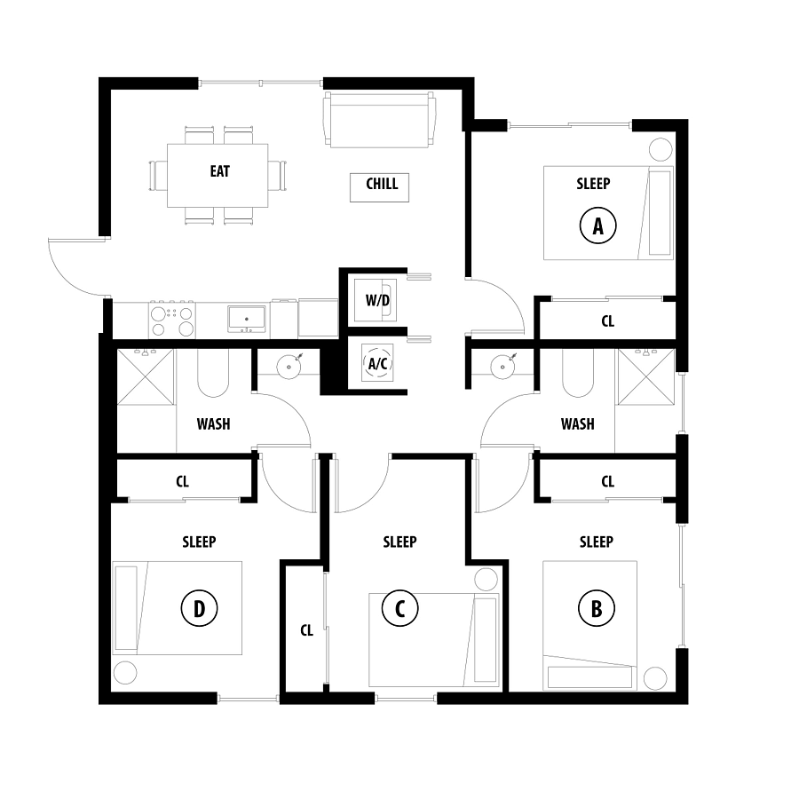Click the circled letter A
pyautogui.click(x=597, y=225)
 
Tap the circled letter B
pyautogui.click(x=597, y=608)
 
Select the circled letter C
pyautogui.click(x=400, y=608)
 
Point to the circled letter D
pyautogui.click(x=199, y=608)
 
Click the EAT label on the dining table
pyautogui.click(x=219, y=171)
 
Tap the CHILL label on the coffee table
pyautogui.click(x=382, y=184)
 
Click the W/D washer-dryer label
pyautogui.click(x=377, y=300)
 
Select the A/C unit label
pyautogui.click(x=377, y=363)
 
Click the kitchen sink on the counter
pyautogui.click(x=247, y=319)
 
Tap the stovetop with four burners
pyautogui.click(x=171, y=319)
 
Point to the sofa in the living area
pyautogui.click(x=380, y=120)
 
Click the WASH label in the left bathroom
pyautogui.click(x=213, y=424)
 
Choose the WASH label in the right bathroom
pyautogui.click(x=577, y=424)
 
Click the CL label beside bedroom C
pyautogui.click(x=306, y=631)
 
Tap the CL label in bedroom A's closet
pyautogui.click(x=607, y=321)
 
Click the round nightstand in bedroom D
pyautogui.click(x=125, y=673)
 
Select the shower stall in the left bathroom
pyautogui.click(x=146, y=377)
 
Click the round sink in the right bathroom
pyautogui.click(x=503, y=366)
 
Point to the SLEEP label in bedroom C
pyautogui.click(x=400, y=542)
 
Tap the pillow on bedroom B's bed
pyautogui.click(x=589, y=677)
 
